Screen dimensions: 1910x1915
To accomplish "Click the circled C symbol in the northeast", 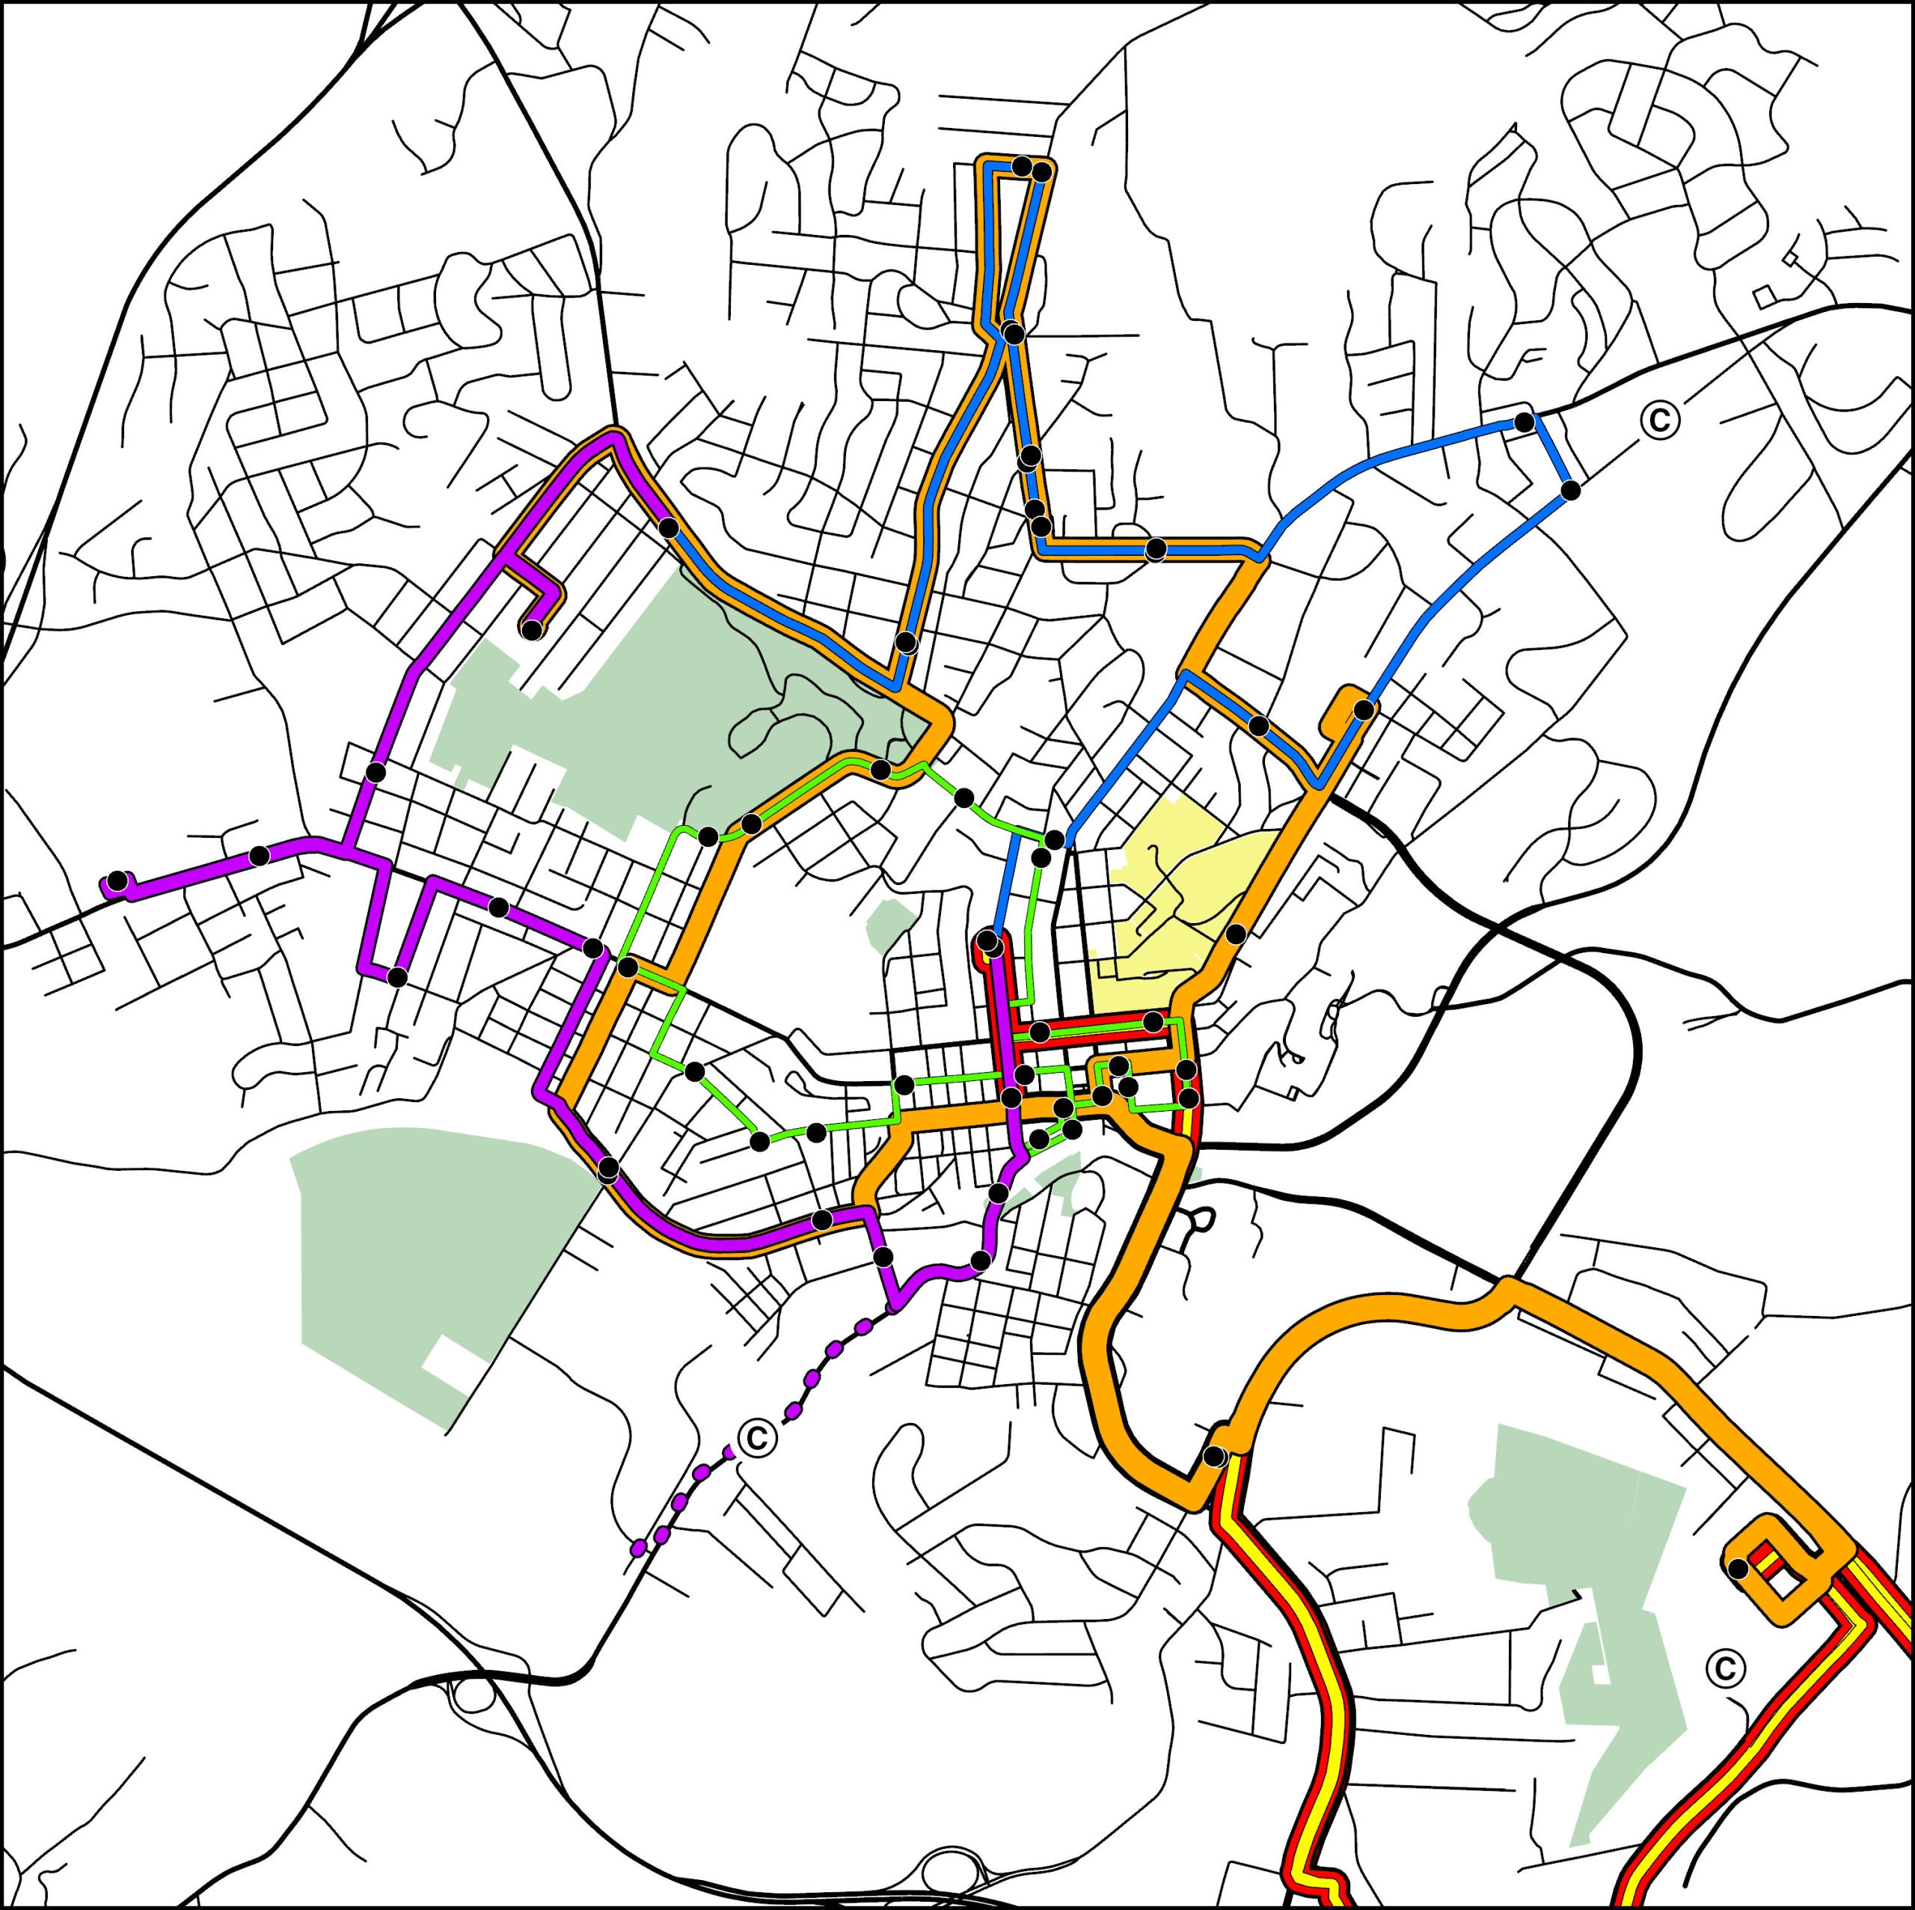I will click(1659, 419).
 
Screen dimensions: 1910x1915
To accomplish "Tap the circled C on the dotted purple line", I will click(756, 1436).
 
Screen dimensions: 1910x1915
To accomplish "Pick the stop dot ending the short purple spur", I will click(533, 629).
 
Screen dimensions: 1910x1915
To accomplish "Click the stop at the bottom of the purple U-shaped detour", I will click(396, 977).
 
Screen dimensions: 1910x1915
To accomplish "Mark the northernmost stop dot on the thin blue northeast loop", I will click(1525, 422).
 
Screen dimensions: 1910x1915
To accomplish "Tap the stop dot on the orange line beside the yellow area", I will click(1235, 934).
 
